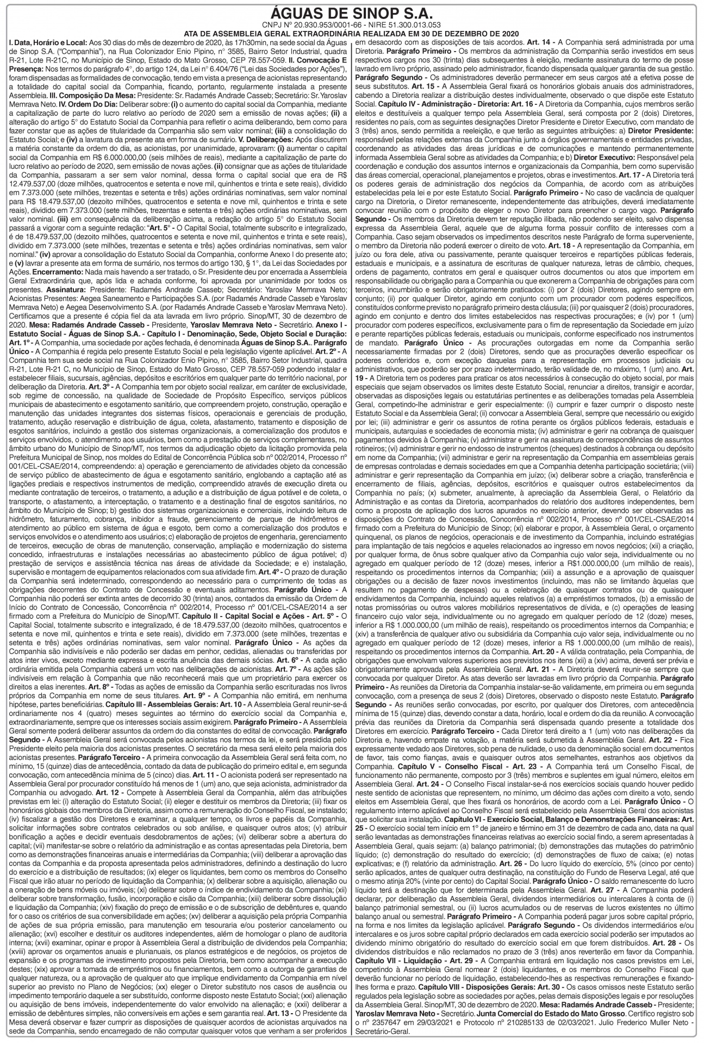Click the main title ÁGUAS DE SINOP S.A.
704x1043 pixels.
coord(351,14)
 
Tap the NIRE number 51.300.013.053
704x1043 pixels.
coord(410,26)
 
